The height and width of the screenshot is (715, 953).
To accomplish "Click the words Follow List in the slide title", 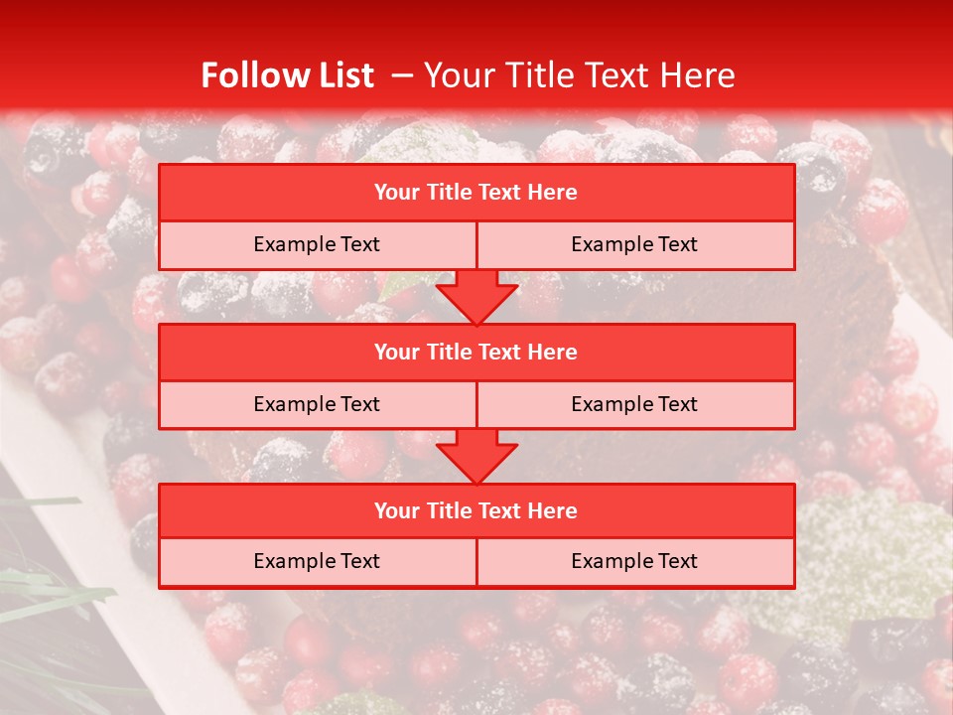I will pyautogui.click(x=287, y=75).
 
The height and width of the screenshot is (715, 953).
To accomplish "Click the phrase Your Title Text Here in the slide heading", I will pyautogui.click(x=580, y=75).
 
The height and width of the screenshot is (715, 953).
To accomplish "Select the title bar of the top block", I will pyautogui.click(x=476, y=193).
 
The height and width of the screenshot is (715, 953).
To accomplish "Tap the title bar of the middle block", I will pyautogui.click(x=476, y=352).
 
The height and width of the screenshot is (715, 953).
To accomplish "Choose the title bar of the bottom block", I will pyautogui.click(x=476, y=510).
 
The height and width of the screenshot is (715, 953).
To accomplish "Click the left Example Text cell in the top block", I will pyautogui.click(x=317, y=244).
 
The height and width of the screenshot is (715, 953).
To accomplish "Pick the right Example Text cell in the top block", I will pyautogui.click(x=634, y=244).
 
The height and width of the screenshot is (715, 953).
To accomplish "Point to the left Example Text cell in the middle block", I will pyautogui.click(x=317, y=404).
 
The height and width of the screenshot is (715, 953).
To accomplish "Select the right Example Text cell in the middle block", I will pyautogui.click(x=634, y=404).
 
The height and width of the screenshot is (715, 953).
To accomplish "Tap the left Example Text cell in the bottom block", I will pyautogui.click(x=317, y=561).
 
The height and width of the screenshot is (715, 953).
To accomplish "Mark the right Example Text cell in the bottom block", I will pyautogui.click(x=634, y=561).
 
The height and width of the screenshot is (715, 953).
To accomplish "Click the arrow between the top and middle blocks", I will pyautogui.click(x=476, y=297).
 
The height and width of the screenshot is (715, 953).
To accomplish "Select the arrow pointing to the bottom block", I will pyautogui.click(x=476, y=456).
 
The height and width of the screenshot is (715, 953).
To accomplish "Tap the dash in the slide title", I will pyautogui.click(x=402, y=75).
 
